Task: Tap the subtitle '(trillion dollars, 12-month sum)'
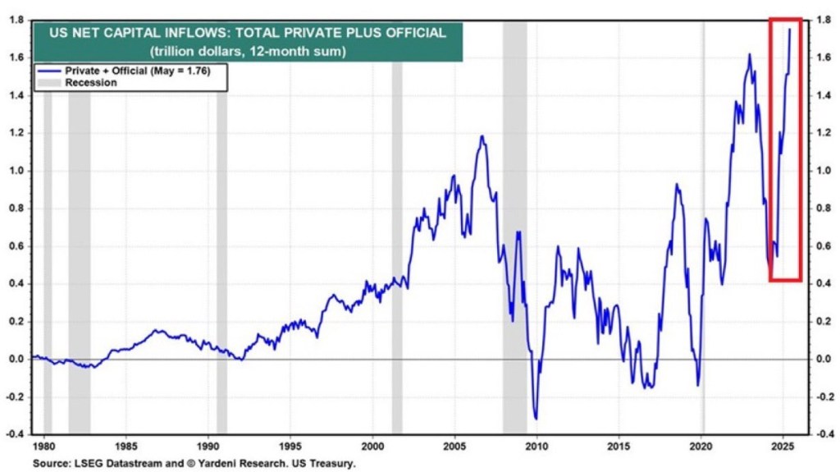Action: pos(247,50)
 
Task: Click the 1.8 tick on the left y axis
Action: pos(16,21)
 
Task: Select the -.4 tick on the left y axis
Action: pos(16,434)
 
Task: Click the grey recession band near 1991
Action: pos(221,246)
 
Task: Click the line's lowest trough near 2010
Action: pos(536,419)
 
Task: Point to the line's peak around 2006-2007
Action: pos(482,136)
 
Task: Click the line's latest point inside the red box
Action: pos(790,30)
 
